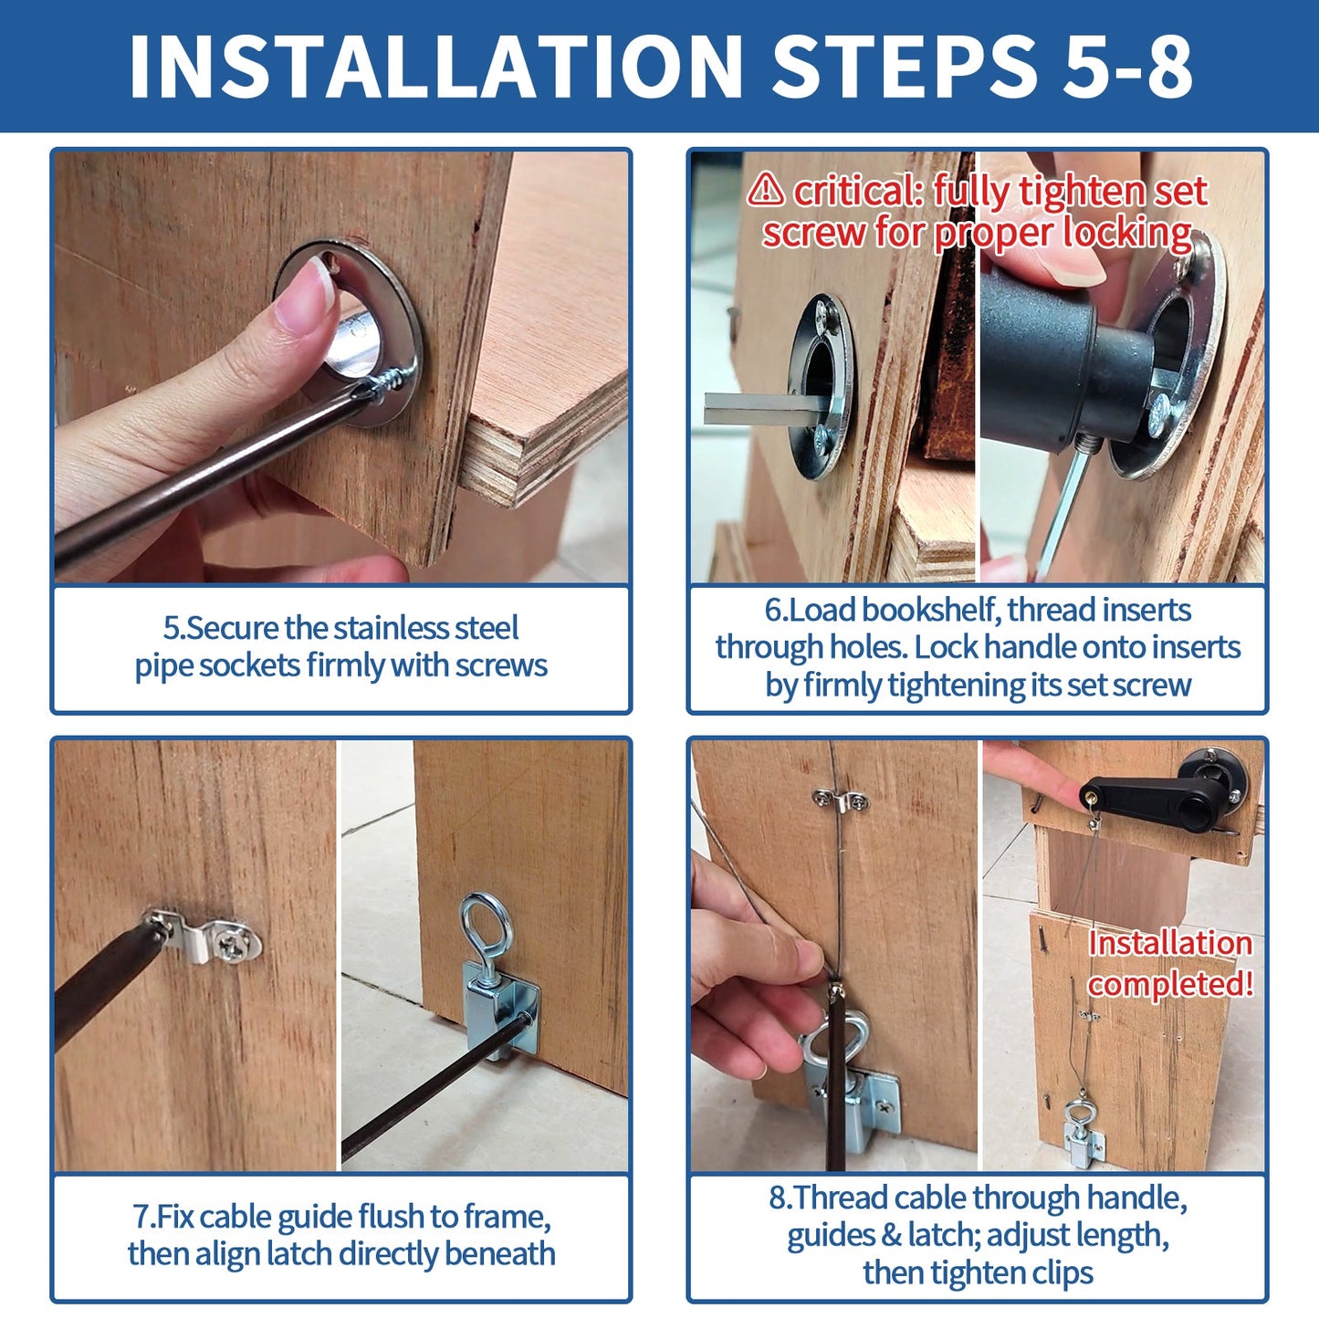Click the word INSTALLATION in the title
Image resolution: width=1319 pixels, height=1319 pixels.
[x=436, y=66]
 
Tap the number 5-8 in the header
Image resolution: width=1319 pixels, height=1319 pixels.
[x=1128, y=66]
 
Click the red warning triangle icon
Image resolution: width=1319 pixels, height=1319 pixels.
[x=765, y=190]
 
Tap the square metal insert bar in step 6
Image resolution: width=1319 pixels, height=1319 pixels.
[x=762, y=408]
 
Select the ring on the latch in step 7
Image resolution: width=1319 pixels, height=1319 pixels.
[x=487, y=926]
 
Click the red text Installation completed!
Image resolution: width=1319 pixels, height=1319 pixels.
[x=1170, y=963]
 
